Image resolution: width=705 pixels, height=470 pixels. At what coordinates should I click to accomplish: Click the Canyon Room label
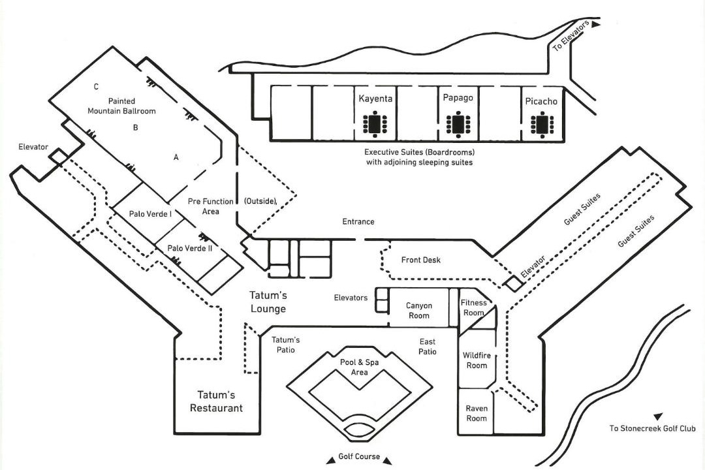pyautogui.click(x=418, y=310)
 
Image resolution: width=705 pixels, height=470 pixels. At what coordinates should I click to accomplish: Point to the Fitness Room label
pyautogui.click(x=473, y=307)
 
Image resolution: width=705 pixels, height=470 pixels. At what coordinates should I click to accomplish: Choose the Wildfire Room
pyautogui.click(x=477, y=360)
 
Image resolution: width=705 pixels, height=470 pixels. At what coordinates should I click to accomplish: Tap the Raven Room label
pyautogui.click(x=476, y=413)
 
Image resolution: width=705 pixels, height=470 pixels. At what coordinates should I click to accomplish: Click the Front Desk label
pyautogui.click(x=421, y=260)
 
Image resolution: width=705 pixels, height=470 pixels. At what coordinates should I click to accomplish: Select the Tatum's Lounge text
pyautogui.click(x=268, y=302)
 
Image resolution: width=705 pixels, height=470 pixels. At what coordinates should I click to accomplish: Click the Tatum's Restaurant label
pyautogui.click(x=216, y=401)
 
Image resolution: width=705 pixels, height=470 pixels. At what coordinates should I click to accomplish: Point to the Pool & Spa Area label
pyautogui.click(x=359, y=367)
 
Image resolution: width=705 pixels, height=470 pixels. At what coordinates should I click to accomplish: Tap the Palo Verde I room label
pyautogui.click(x=150, y=213)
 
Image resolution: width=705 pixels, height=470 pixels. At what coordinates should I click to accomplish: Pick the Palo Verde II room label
pyautogui.click(x=190, y=248)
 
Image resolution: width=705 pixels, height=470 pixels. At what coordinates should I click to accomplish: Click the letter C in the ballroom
pyautogui.click(x=96, y=87)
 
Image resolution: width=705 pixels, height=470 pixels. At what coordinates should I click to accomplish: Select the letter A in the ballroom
pyautogui.click(x=176, y=157)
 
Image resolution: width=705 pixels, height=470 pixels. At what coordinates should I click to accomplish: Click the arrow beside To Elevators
pyautogui.click(x=596, y=24)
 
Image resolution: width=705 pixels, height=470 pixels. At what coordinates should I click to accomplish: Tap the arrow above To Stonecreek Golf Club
pyautogui.click(x=658, y=417)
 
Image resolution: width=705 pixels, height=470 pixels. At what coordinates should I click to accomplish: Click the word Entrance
pyautogui.click(x=358, y=221)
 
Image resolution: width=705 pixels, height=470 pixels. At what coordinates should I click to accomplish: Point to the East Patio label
pyautogui.click(x=428, y=347)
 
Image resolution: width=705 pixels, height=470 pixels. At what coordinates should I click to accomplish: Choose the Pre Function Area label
pyautogui.click(x=210, y=206)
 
